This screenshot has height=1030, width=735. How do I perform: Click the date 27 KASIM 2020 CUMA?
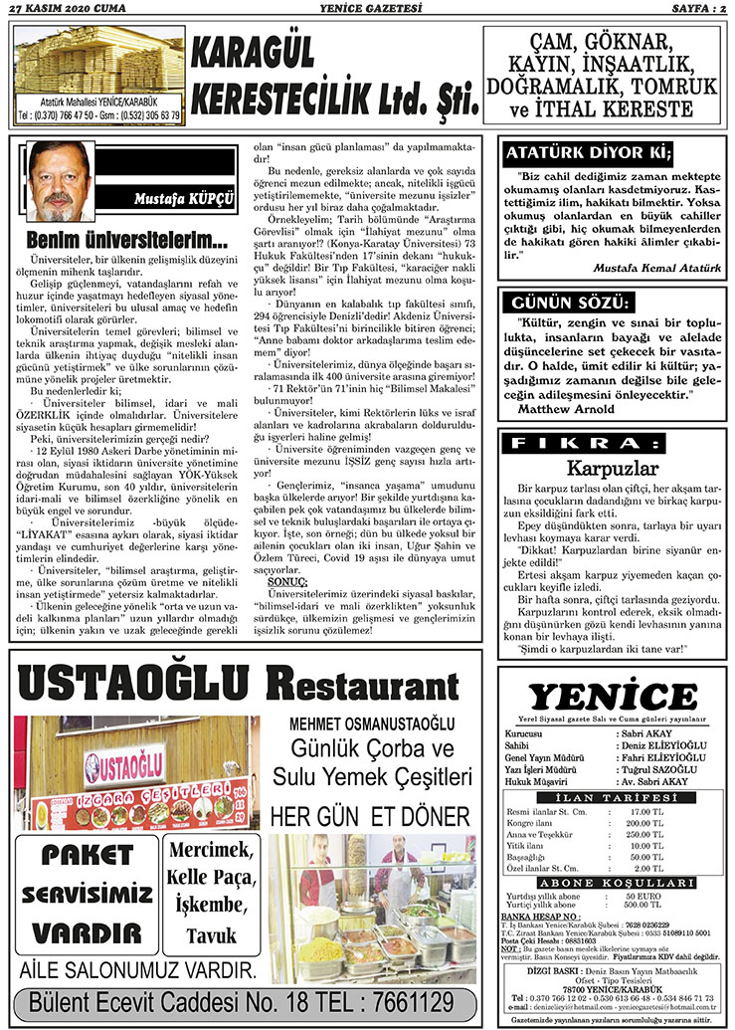pyautogui.click(x=68, y=9)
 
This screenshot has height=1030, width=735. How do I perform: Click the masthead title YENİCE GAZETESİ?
pyautogui.click(x=367, y=9)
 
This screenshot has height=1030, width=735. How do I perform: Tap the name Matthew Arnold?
pyautogui.click(x=568, y=408)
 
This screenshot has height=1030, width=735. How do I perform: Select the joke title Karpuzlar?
pyautogui.click(x=613, y=468)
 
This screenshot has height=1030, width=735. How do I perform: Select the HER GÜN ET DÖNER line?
pyautogui.click(x=370, y=817)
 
